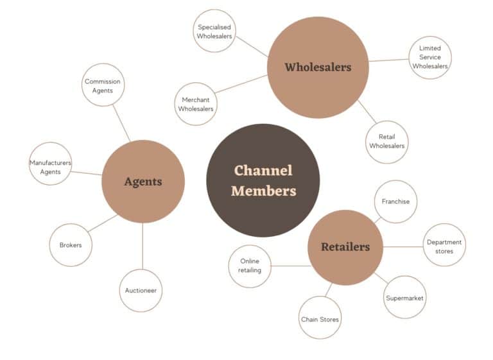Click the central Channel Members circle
tap(263, 180)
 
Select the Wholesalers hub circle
tap(318, 67)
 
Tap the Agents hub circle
tap(143, 182)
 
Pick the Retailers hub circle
tap(345, 247)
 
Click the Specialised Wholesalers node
tap(214, 31)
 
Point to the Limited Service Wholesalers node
tap(430, 57)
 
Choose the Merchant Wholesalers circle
tap(197, 104)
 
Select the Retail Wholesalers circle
tap(386, 142)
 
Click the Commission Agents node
tap(103, 85)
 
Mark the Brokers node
tap(71, 245)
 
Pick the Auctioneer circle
tap(141, 290)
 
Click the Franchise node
tap(395, 201)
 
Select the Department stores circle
tap(444, 246)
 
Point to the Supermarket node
tap(404, 298)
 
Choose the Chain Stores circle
tap(320, 319)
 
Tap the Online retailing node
tap(250, 266)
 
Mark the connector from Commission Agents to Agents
tap(121, 123)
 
